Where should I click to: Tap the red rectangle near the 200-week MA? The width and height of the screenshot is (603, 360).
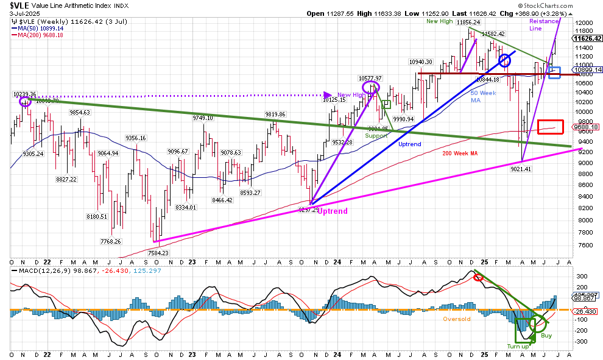(x=550, y=127)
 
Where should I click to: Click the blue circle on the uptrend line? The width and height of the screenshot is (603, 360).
(x=505, y=60)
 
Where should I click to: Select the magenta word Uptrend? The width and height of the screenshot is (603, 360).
(x=332, y=211)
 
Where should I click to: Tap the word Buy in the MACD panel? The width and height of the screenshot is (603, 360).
(x=546, y=336)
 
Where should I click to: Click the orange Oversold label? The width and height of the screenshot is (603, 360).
(x=456, y=319)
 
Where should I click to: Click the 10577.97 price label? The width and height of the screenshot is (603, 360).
(x=370, y=78)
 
